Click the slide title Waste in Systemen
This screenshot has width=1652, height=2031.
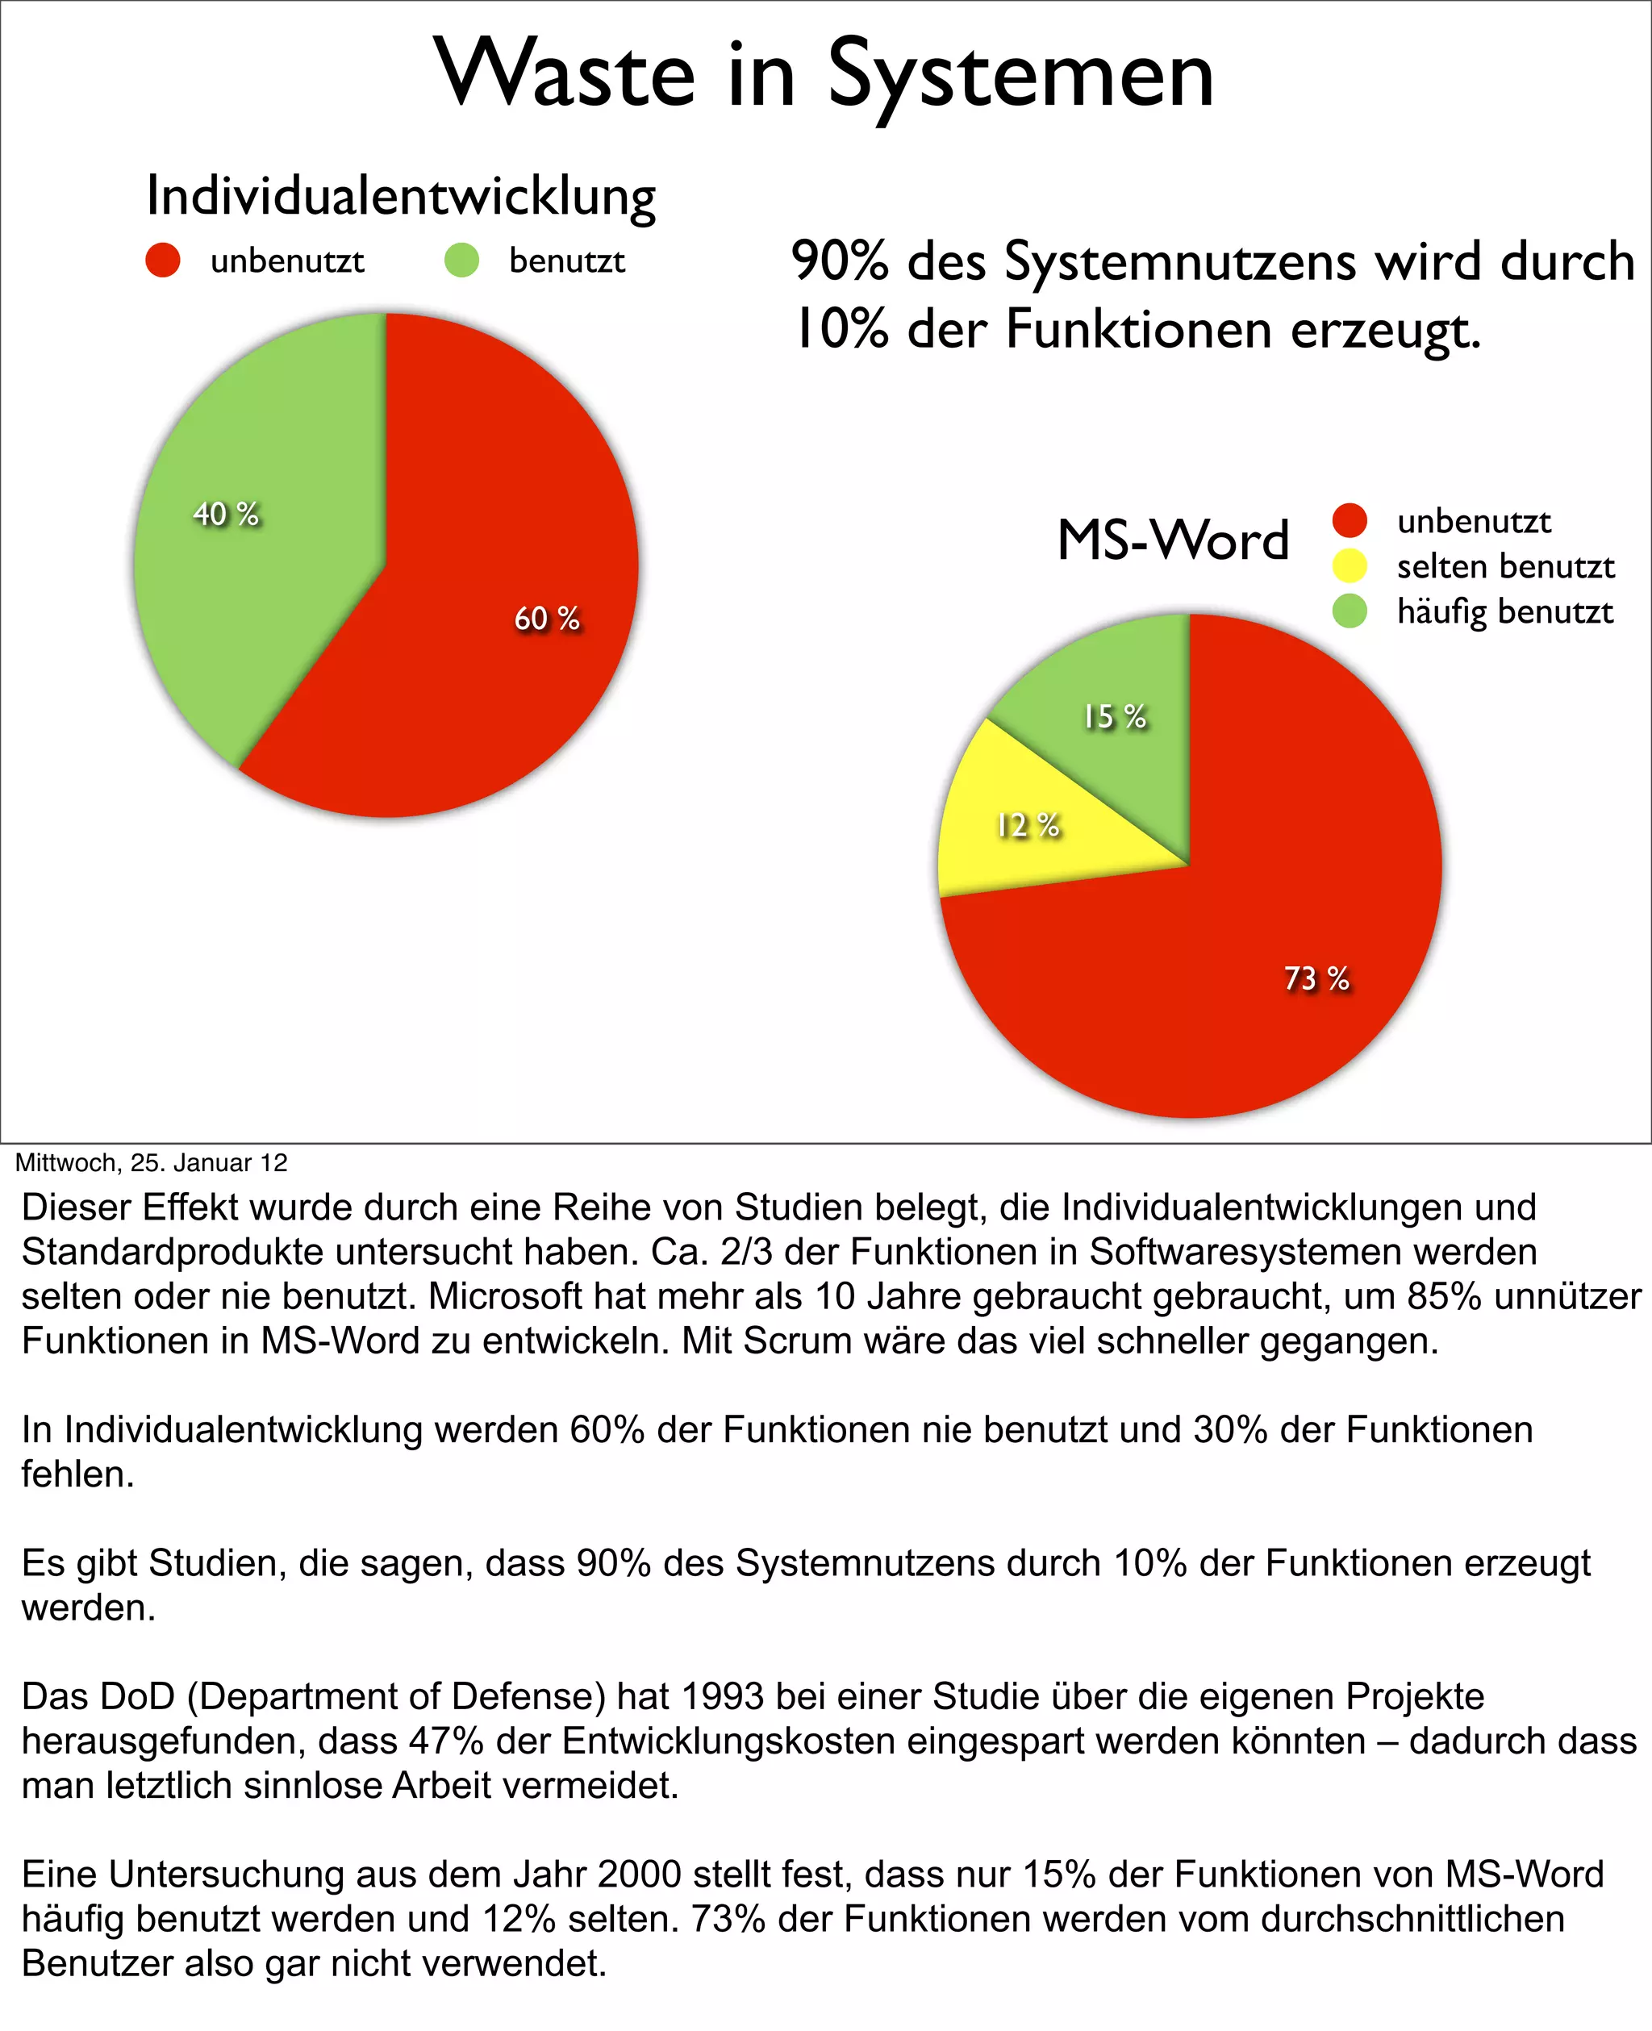(824, 74)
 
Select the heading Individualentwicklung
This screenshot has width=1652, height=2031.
(401, 196)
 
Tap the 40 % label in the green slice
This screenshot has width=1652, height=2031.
(226, 514)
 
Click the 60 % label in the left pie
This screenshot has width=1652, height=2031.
(547, 619)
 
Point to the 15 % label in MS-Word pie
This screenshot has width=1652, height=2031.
(1114, 716)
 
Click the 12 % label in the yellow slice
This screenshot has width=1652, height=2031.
(1028, 825)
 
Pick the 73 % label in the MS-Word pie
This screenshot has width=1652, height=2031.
(1317, 978)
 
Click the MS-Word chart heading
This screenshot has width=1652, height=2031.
(1172, 540)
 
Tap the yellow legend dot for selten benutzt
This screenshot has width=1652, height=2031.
(1350, 566)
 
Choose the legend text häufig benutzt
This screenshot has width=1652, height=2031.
(1504, 611)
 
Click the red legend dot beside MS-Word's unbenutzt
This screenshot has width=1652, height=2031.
(1350, 520)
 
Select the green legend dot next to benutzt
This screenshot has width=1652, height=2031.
(461, 260)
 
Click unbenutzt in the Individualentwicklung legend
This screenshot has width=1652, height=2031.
(286, 261)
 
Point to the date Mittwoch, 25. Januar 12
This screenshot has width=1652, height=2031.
(152, 1162)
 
